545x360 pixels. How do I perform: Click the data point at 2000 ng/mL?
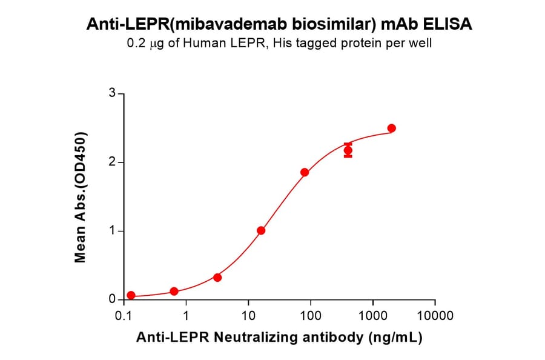tap(391, 128)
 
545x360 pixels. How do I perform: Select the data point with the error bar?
tap(348, 150)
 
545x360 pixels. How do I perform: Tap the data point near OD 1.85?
tap(305, 172)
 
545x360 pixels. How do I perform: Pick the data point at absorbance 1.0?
tap(261, 230)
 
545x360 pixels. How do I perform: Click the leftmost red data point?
tap(131, 295)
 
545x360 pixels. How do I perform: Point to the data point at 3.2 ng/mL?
tap(217, 278)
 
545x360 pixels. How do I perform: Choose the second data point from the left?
tap(174, 292)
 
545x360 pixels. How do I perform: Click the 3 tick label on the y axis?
tap(111, 93)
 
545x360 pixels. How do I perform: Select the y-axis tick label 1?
tap(111, 231)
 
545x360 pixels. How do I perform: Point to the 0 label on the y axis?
tap(111, 299)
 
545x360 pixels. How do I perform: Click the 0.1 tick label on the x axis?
tap(124, 316)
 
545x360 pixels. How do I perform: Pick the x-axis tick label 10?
tap(248, 316)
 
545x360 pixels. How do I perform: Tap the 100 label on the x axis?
tap(311, 316)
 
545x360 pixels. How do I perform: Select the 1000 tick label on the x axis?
tap(372, 316)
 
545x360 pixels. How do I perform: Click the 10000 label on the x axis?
tap(435, 316)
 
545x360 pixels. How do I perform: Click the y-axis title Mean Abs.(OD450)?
tap(79, 197)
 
